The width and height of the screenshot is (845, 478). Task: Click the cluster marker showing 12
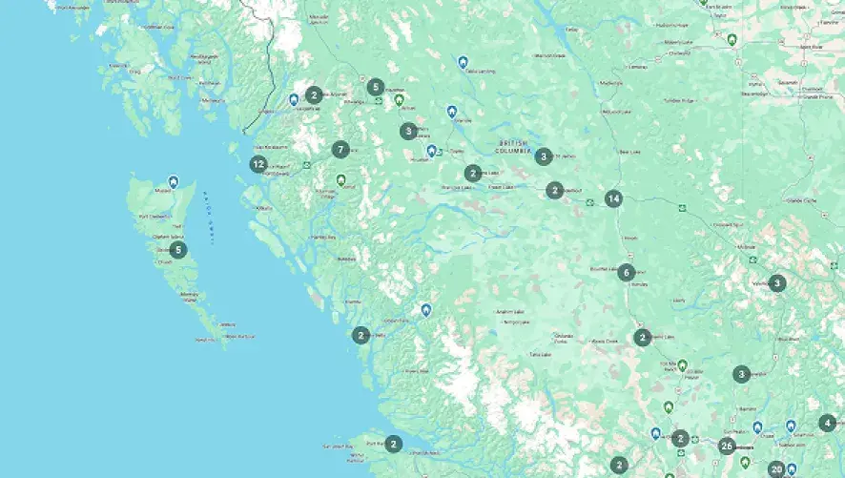[x=258, y=164]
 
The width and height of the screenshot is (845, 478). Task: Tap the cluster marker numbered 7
[x=340, y=149]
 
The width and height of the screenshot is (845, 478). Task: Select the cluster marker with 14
[x=613, y=199]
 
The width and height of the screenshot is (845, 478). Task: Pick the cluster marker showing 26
[x=727, y=446]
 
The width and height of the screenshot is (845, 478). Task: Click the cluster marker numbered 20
[x=776, y=468]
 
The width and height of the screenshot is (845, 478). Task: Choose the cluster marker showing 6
[x=626, y=272]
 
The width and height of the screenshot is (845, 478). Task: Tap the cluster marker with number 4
[x=827, y=423]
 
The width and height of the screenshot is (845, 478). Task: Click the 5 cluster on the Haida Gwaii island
[x=178, y=250]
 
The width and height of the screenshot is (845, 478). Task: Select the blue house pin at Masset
[x=173, y=180]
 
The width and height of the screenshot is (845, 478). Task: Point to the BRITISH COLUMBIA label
[x=518, y=145]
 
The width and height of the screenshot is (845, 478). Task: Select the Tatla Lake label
[x=542, y=354]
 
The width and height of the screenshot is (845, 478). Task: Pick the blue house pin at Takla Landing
[x=463, y=62]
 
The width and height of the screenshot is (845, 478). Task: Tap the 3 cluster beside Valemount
[x=777, y=282]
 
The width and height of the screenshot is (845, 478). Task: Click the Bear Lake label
[x=630, y=152]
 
